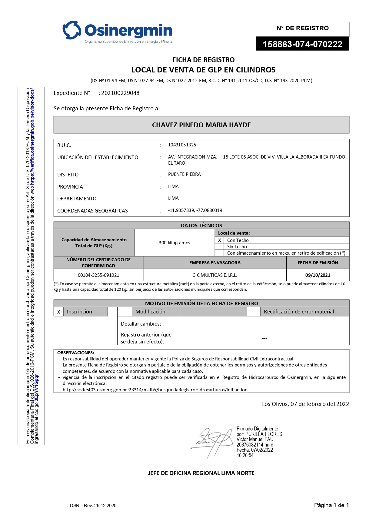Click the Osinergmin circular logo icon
(x=72, y=30)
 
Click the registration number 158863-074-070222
(x=302, y=44)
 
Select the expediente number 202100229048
(x=120, y=93)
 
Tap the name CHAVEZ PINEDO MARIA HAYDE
(x=201, y=125)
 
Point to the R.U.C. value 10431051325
(x=182, y=145)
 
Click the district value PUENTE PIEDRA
(x=184, y=174)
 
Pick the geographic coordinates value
(x=195, y=210)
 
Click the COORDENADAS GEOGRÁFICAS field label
(x=92, y=211)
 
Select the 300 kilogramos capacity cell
(x=174, y=243)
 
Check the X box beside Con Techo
(x=219, y=240)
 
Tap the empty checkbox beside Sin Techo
(x=219, y=246)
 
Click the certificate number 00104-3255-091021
(x=98, y=275)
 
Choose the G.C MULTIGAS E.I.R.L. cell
(x=215, y=275)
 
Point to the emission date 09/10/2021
(x=318, y=275)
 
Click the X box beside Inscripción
(x=59, y=312)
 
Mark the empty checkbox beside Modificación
(x=125, y=312)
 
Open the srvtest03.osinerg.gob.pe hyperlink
(x=155, y=390)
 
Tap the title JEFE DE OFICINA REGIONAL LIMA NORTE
(x=201, y=473)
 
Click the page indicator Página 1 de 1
(x=331, y=505)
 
